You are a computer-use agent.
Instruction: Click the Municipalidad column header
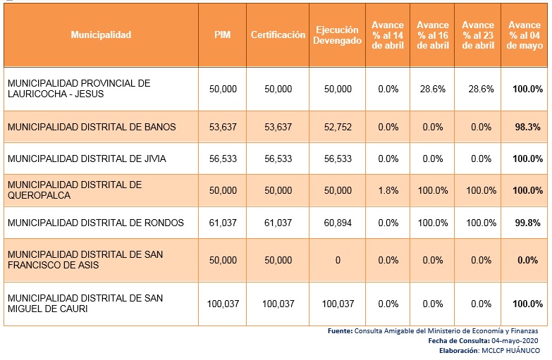pos(101,35)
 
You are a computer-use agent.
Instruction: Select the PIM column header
pos(223,35)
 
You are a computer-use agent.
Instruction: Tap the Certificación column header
pos(278,35)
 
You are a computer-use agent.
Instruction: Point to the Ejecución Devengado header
pos(338,35)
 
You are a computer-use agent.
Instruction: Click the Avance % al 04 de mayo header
pos(524,35)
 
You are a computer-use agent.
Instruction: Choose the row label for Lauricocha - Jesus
pos(78,89)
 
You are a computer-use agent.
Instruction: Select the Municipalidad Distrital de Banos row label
pos(91,127)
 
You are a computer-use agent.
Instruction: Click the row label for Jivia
pos(86,159)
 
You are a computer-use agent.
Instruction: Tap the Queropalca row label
pos(74,190)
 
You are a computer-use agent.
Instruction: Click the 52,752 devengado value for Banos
pos(338,127)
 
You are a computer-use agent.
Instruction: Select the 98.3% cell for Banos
pos(525,127)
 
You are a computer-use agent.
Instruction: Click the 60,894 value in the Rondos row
pos(338,223)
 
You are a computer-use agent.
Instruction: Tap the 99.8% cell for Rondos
pos(525,223)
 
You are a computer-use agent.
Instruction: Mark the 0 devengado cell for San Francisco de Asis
pos(338,260)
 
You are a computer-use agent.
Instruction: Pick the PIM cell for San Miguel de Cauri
pos(223,304)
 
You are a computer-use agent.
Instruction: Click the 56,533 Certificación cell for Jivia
pos(278,159)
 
